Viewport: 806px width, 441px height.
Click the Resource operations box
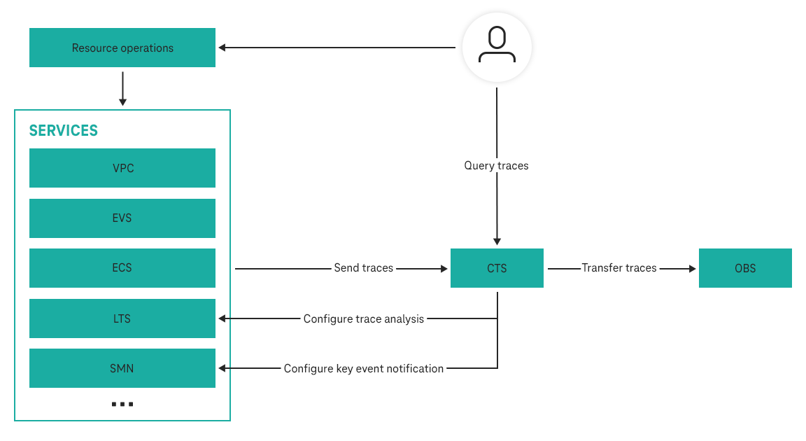click(x=122, y=48)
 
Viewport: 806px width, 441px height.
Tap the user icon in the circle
click(x=497, y=47)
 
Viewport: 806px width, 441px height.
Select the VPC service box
click(x=122, y=168)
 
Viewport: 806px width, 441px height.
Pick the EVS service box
click(x=122, y=218)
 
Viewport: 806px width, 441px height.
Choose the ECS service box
click(x=122, y=268)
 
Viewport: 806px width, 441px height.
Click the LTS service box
click(x=122, y=318)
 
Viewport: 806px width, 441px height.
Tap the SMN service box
click(x=122, y=368)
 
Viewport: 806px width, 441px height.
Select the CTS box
click(x=497, y=268)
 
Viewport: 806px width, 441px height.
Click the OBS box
click(x=745, y=268)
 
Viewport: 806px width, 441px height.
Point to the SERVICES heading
click(x=63, y=131)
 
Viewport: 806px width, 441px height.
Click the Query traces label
click(x=496, y=166)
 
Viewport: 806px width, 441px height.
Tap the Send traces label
click(x=363, y=268)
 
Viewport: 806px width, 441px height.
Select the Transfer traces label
click(x=619, y=268)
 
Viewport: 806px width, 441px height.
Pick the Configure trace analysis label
click(x=363, y=318)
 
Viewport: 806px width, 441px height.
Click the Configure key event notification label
click(x=363, y=368)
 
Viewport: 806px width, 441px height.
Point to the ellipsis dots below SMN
click(x=122, y=405)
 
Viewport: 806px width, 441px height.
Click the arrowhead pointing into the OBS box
click(x=693, y=268)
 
